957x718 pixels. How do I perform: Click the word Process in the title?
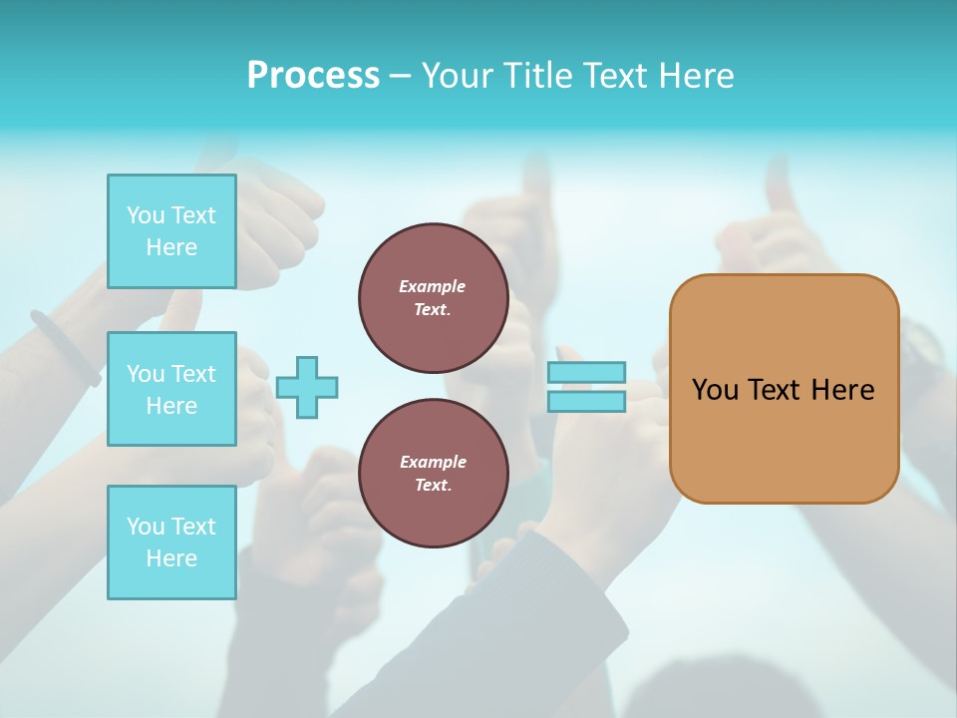pyautogui.click(x=313, y=76)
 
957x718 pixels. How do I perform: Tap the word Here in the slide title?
pyautogui.click(x=696, y=76)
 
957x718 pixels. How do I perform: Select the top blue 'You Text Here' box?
pyautogui.click(x=171, y=231)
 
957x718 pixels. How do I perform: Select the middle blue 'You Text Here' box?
pyautogui.click(x=171, y=389)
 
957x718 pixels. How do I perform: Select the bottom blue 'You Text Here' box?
pyautogui.click(x=171, y=542)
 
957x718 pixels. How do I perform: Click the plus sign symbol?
pyautogui.click(x=307, y=387)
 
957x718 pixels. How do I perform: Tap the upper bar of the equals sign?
pyautogui.click(x=586, y=372)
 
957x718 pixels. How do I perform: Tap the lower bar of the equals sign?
pyautogui.click(x=586, y=402)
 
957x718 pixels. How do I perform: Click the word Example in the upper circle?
pyautogui.click(x=433, y=286)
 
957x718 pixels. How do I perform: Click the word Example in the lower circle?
pyautogui.click(x=433, y=462)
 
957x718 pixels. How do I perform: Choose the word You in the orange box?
pyautogui.click(x=714, y=390)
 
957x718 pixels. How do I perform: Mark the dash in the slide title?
pyautogui.click(x=400, y=76)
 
